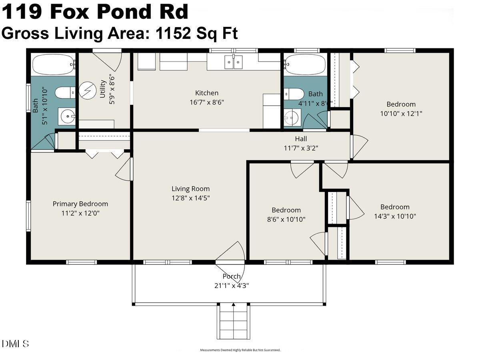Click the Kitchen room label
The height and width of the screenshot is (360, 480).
click(207, 93)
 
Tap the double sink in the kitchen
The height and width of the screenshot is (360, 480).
click(233, 62)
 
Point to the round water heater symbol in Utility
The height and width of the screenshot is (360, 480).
click(87, 90)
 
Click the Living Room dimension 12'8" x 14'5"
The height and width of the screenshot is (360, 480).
click(190, 198)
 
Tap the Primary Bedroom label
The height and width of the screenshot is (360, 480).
click(80, 204)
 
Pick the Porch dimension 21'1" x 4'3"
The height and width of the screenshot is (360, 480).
click(232, 286)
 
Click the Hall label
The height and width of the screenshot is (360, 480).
click(301, 139)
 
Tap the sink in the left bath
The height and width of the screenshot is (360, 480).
click(67, 116)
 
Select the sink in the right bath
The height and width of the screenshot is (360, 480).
click(292, 117)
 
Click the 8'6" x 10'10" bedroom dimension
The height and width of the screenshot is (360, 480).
click(286, 219)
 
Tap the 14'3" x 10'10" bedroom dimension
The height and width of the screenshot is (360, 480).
click(395, 216)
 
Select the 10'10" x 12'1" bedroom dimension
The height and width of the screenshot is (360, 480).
click(401, 113)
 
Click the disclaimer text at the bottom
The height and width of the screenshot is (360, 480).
click(240, 350)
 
